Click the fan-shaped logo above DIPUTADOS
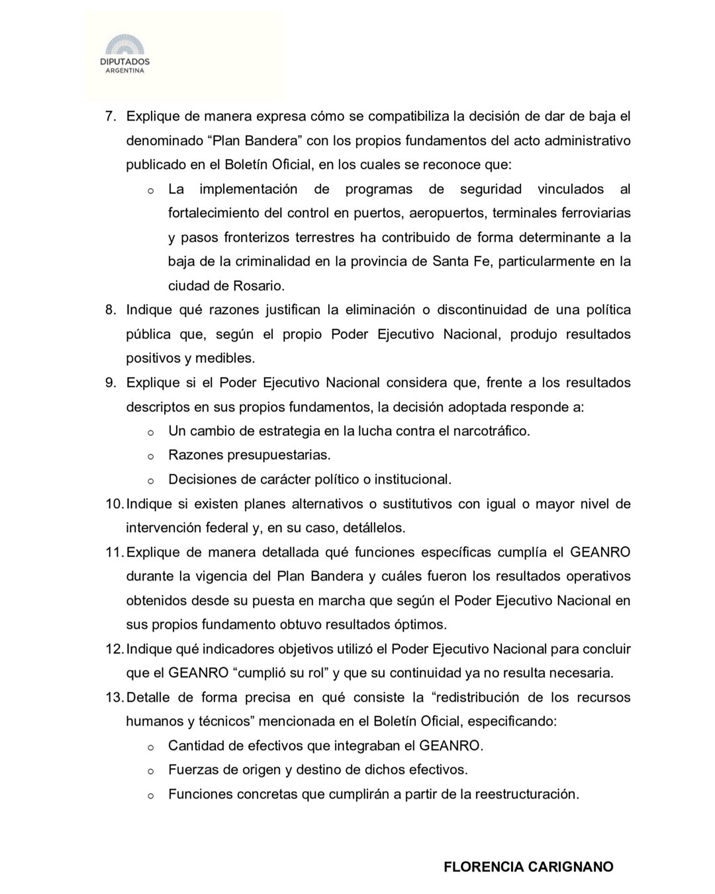125,44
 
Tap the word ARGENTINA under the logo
125,70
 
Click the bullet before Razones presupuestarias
151,457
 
